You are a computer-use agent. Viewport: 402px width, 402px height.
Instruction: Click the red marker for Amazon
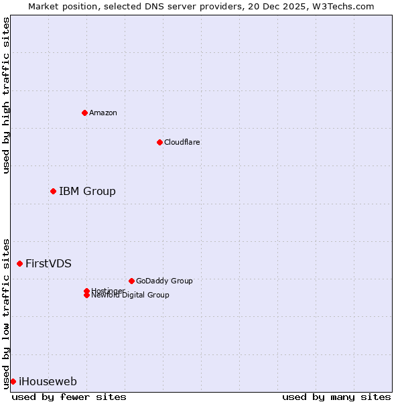(x=84, y=113)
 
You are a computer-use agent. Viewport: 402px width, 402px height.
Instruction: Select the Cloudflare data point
(x=159, y=142)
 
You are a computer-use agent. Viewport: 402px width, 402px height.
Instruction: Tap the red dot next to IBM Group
(x=53, y=192)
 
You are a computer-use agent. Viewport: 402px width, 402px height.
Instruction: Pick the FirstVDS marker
(x=19, y=264)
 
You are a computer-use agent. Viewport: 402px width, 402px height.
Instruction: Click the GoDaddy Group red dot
(x=131, y=281)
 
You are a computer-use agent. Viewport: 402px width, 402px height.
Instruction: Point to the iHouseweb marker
(x=13, y=382)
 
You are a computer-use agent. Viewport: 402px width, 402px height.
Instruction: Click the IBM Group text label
(x=87, y=192)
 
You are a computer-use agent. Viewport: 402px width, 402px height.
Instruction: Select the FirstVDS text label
(x=48, y=264)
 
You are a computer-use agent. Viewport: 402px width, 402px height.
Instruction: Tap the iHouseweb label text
(x=48, y=382)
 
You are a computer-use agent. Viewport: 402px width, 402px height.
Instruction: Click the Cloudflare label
(x=182, y=142)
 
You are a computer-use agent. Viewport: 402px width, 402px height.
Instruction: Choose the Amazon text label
(x=103, y=113)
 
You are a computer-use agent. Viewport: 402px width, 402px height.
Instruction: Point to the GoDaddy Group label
(x=164, y=281)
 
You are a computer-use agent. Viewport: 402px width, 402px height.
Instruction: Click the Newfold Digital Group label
(x=131, y=295)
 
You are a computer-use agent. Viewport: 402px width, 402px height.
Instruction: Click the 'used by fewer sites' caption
(x=69, y=397)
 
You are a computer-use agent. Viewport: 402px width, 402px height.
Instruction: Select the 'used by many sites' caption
(x=336, y=397)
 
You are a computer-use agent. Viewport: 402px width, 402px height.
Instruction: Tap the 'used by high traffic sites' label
(x=6, y=95)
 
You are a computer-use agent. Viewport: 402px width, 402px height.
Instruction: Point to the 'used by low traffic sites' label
(x=6, y=313)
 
